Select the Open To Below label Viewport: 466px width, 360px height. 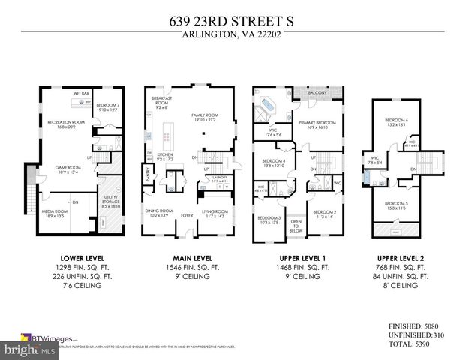(x=296, y=226)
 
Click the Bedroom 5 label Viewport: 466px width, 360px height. (x=396, y=206)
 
